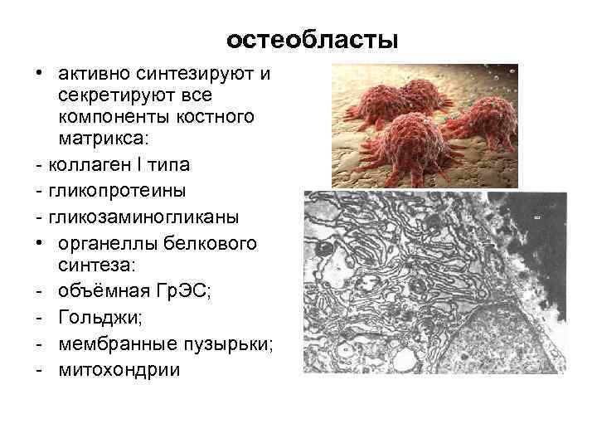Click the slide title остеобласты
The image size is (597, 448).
313,39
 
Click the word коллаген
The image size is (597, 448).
90,159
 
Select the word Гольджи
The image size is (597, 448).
93,316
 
